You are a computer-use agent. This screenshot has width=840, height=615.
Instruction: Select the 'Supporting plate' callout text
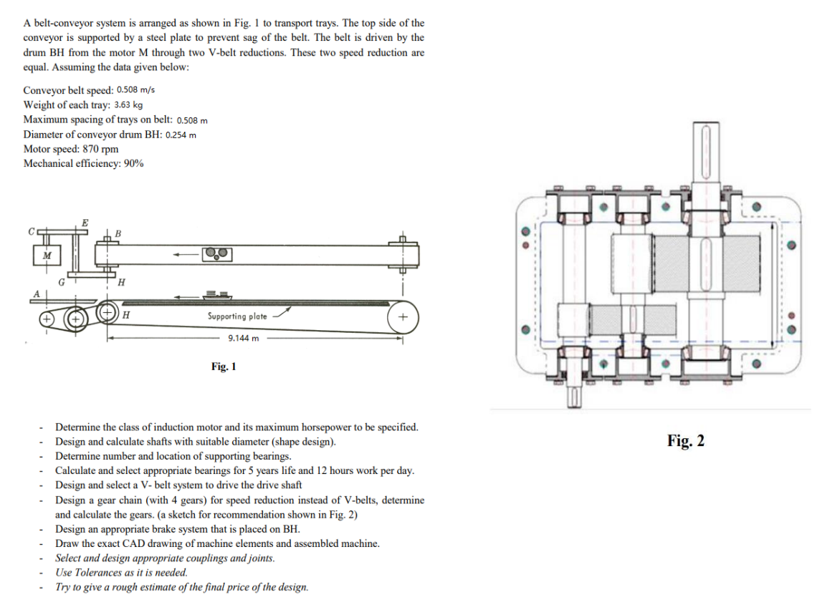(x=237, y=316)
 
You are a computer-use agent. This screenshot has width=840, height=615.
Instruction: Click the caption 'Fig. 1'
(x=224, y=367)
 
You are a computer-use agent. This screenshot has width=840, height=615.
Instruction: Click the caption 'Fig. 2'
(x=685, y=440)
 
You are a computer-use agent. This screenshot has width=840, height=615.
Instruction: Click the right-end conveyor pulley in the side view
(x=403, y=316)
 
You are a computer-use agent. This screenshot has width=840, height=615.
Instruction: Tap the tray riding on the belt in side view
(x=215, y=294)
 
